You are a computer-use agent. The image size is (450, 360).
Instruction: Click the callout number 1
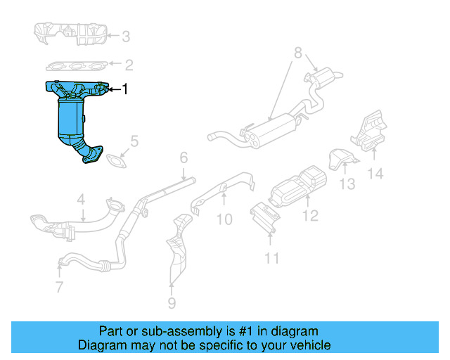[125, 89]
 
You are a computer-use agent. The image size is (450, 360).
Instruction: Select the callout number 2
[129, 65]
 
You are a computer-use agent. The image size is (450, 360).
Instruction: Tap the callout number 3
[125, 37]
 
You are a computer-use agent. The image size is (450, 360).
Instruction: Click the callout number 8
[297, 53]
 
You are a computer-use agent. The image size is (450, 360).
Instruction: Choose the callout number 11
[271, 259]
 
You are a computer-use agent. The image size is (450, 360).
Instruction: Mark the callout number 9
[172, 304]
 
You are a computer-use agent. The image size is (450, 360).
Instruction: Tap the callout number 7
[59, 286]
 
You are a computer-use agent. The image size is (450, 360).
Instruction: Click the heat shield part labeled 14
[368, 132]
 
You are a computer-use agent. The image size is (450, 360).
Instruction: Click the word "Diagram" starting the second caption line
[103, 345]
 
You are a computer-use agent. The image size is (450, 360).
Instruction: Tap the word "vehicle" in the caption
[308, 345]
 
